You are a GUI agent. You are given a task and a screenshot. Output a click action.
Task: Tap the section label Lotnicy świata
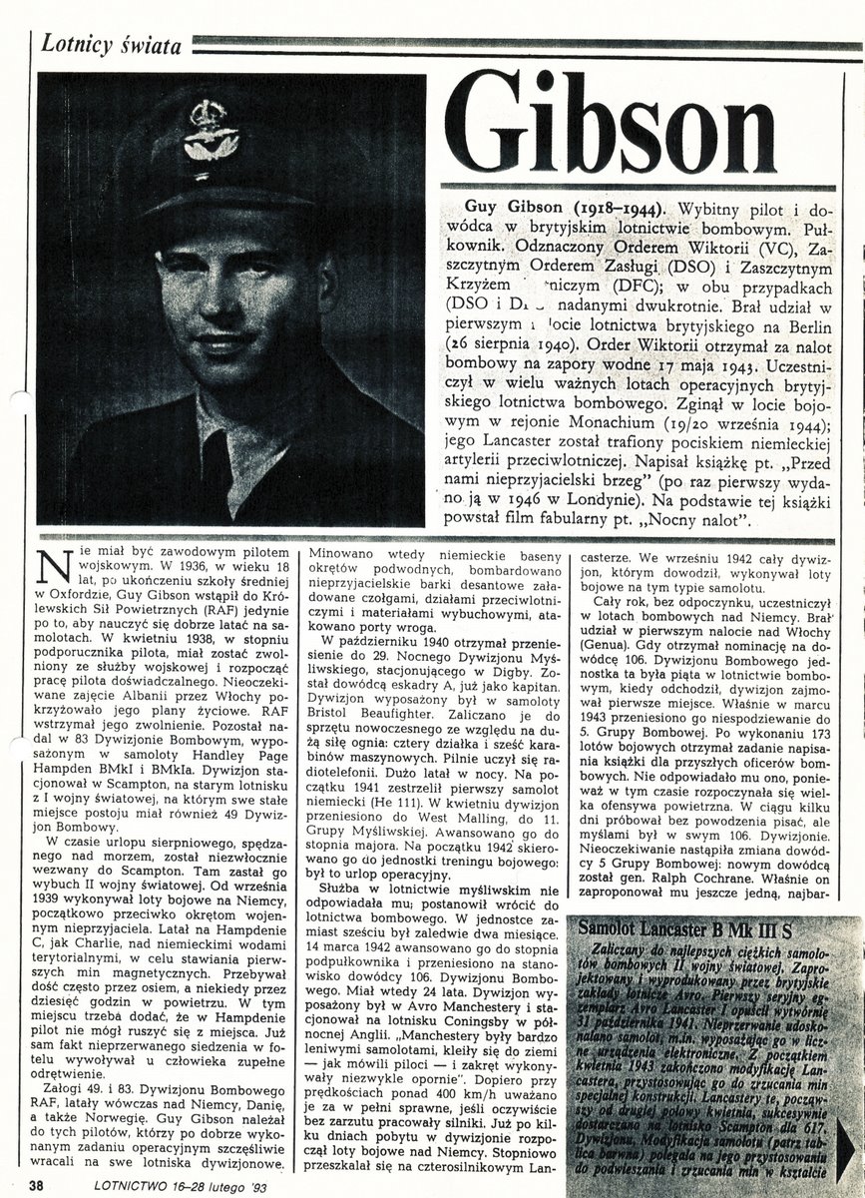point(107,43)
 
